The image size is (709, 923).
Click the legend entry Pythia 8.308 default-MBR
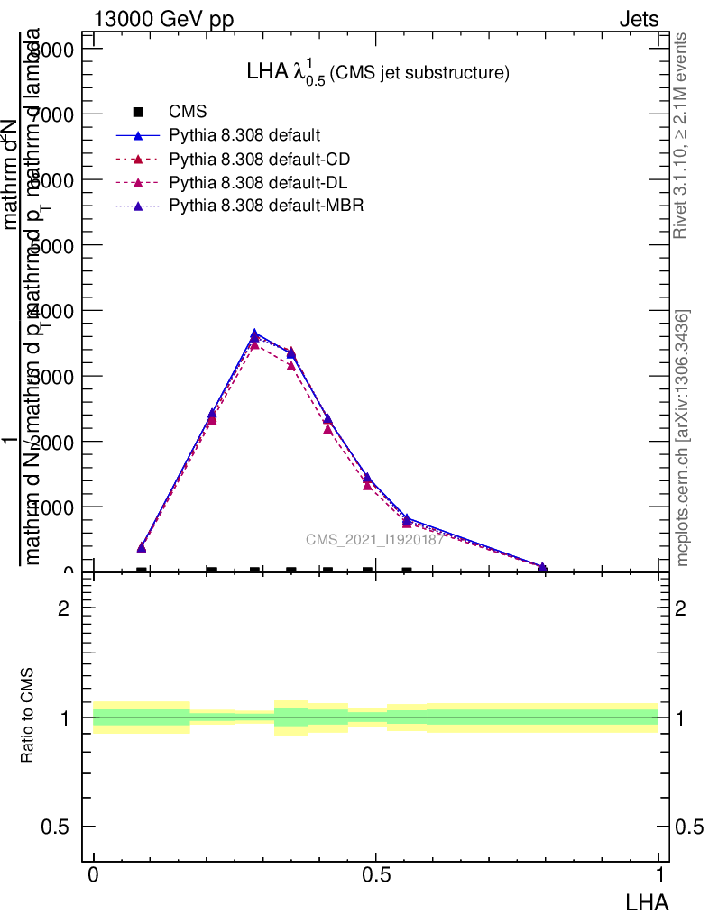point(266,206)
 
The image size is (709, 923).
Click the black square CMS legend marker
point(138,112)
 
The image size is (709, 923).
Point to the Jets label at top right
point(639,20)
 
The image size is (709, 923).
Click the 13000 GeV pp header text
point(163,20)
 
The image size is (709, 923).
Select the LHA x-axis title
point(646,900)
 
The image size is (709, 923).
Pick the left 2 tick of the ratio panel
point(64,608)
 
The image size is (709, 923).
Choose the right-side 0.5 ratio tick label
point(688,827)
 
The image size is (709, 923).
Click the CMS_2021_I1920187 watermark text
point(374,540)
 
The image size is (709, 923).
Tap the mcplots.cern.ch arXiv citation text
point(683,438)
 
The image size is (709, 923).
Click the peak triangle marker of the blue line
point(254,334)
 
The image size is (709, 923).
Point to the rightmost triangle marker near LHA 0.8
point(542,567)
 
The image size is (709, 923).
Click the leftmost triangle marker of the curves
point(142,547)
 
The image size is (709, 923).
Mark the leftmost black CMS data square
point(142,571)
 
